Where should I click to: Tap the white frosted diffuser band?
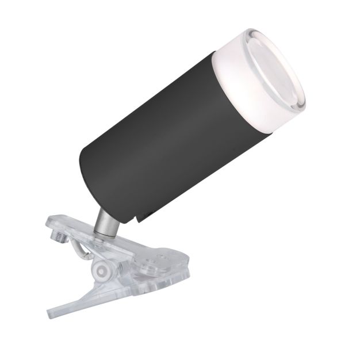click(x=230, y=86)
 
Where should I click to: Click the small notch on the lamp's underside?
click(x=142, y=215)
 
